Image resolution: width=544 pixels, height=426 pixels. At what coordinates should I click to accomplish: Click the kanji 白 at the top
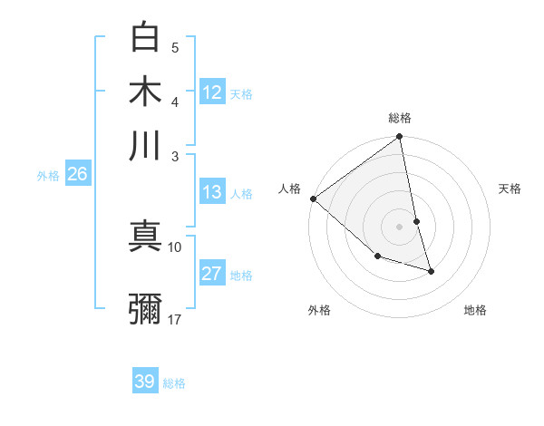click(x=146, y=37)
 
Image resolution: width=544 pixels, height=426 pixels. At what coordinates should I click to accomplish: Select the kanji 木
click(x=146, y=92)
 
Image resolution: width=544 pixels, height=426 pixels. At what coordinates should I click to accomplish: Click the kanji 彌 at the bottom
click(x=146, y=308)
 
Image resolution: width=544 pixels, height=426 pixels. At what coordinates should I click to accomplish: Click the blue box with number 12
click(x=212, y=92)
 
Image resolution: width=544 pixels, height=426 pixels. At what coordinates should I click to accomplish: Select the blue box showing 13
click(x=212, y=192)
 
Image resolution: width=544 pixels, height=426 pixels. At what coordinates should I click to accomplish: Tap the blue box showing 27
click(x=212, y=274)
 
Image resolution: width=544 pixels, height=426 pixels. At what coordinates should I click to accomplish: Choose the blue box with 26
click(x=77, y=174)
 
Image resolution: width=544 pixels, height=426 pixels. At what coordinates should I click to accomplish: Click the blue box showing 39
click(x=145, y=382)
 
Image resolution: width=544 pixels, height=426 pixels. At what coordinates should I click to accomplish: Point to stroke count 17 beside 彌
click(x=175, y=319)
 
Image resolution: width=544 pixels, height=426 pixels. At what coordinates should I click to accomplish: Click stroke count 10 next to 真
click(x=175, y=247)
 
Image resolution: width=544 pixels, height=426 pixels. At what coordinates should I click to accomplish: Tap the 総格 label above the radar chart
click(x=400, y=118)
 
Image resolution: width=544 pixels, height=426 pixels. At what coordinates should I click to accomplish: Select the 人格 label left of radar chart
click(x=290, y=189)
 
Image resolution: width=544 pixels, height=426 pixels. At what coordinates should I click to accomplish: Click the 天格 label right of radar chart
click(x=510, y=189)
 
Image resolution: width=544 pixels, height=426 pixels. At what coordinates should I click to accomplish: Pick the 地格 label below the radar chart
click(x=475, y=310)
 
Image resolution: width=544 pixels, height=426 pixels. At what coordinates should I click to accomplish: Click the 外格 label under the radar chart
click(x=319, y=310)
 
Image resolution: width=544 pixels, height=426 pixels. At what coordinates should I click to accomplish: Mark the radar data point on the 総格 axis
click(x=400, y=138)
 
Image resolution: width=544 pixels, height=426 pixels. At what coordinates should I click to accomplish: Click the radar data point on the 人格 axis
click(x=313, y=198)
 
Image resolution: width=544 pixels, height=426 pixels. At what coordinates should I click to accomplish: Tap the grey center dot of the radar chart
click(x=400, y=227)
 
